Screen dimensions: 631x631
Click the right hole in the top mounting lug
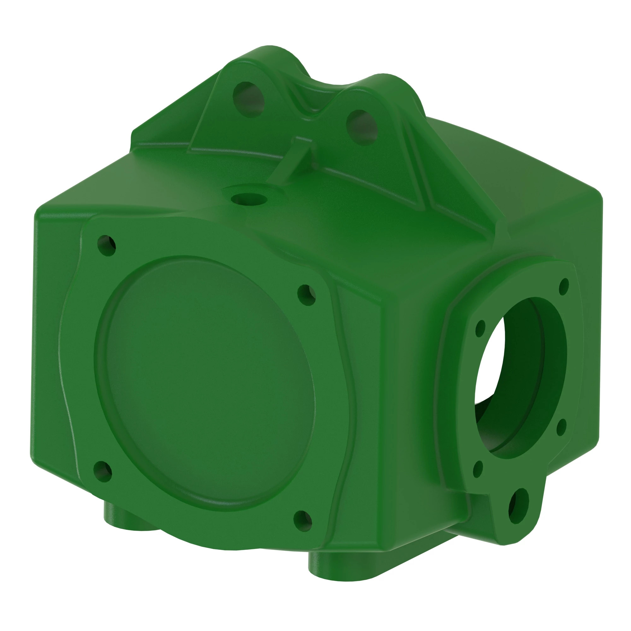tap(362, 127)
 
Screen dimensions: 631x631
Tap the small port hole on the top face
tap(249, 198)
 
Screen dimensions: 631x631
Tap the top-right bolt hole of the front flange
tap(307, 295)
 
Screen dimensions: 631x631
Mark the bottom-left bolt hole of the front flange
tap(103, 472)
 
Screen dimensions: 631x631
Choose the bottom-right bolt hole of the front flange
tap(303, 521)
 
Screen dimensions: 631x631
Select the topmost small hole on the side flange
tap(564, 287)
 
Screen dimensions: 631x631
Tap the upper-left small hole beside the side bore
tap(480, 328)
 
